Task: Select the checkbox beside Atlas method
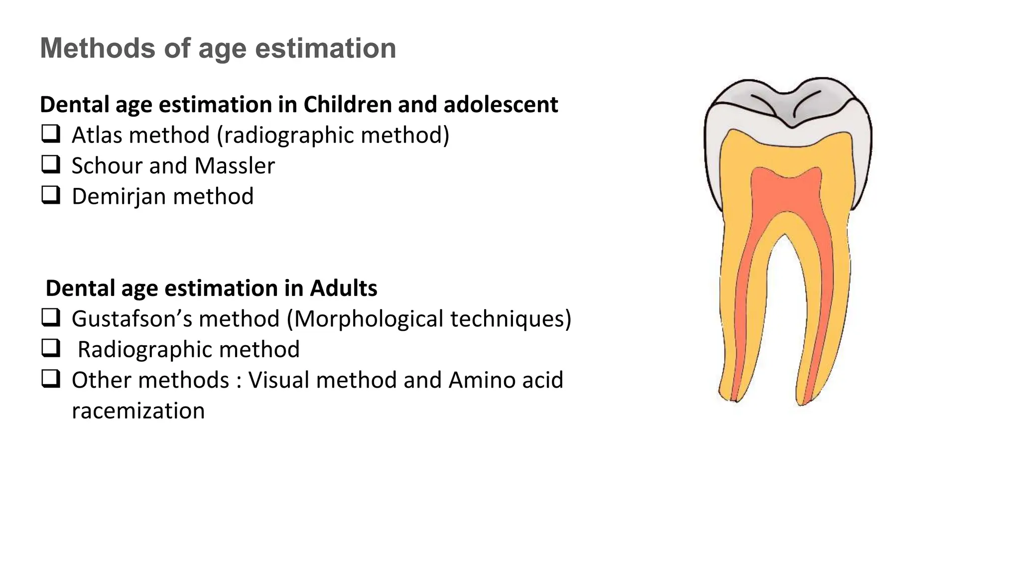[x=50, y=134]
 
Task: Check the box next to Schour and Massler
[x=50, y=164]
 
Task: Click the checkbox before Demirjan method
[x=50, y=195]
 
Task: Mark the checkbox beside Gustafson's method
[x=50, y=317]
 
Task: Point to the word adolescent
[x=501, y=105]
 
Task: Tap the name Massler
[x=234, y=165]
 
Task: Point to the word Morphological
[x=369, y=319]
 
